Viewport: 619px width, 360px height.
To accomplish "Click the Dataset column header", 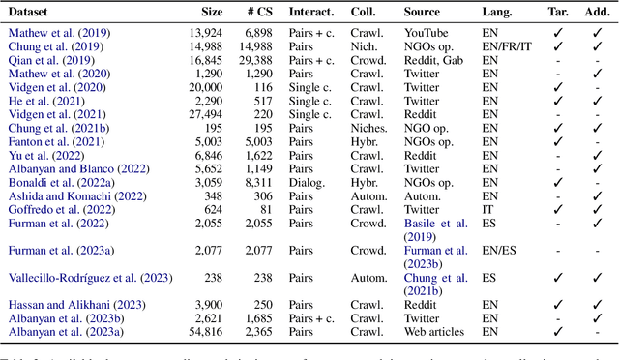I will click(30, 13).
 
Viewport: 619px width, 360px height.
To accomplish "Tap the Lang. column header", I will click(498, 13).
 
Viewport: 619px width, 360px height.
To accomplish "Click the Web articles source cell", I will click(436, 330).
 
